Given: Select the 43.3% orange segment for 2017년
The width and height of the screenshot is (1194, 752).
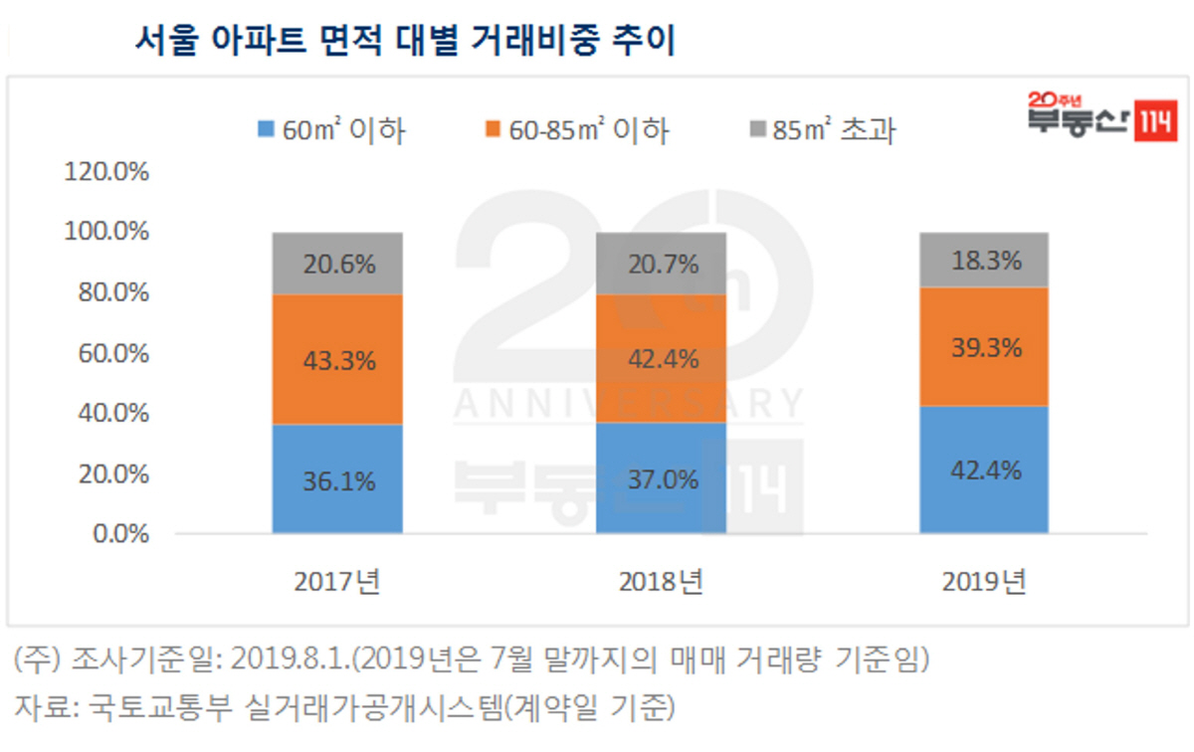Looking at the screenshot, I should tap(337, 359).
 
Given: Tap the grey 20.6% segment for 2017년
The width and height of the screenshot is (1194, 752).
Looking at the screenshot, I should tap(337, 264).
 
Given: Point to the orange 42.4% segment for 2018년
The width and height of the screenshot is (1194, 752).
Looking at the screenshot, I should tap(661, 358).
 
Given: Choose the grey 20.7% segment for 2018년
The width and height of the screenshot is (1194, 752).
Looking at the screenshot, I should tap(661, 264).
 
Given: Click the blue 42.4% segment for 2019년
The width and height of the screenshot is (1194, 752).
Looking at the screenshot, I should tap(984, 470).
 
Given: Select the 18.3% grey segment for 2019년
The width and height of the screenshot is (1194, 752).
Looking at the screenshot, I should tap(984, 261).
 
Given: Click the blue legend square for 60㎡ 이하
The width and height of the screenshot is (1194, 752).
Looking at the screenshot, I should tap(266, 129).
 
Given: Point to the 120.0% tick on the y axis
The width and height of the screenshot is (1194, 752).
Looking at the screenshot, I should tap(106, 171).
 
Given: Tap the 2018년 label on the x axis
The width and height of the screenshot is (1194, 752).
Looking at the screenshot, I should tap(661, 582).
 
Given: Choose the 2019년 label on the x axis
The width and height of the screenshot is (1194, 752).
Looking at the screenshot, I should tap(984, 582).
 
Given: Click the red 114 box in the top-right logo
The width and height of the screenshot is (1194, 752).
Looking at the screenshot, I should tap(1158, 123).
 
